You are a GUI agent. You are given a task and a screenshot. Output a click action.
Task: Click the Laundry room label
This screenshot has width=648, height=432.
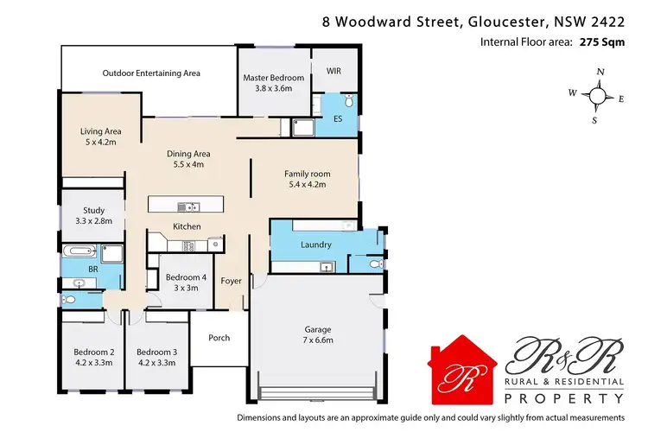[315, 245]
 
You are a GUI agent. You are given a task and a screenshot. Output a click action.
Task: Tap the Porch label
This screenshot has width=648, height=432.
[219, 337]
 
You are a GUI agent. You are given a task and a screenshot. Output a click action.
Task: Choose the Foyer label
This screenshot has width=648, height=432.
[231, 281]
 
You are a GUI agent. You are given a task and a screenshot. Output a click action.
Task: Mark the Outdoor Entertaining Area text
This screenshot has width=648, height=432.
[151, 73]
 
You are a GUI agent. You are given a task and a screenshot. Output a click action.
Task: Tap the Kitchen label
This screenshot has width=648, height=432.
[187, 226]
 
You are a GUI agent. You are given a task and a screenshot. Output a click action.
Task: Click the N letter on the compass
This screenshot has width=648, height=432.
[600, 73]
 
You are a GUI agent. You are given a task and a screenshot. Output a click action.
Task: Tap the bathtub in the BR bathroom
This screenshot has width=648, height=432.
[79, 253]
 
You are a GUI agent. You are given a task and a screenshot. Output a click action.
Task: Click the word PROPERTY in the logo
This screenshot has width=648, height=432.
[565, 397]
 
